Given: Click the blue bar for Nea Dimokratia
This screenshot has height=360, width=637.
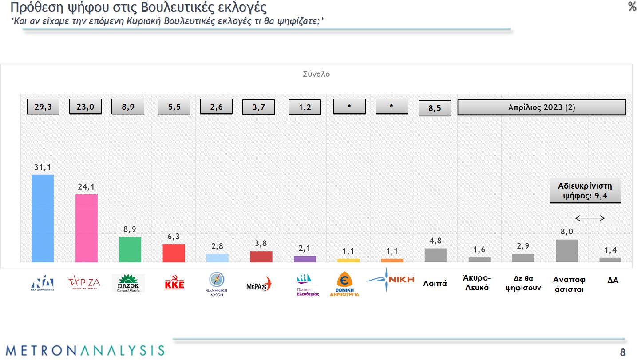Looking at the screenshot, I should pyautogui.click(x=43, y=218).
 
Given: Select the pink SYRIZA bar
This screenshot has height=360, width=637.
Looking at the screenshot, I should pyautogui.click(x=87, y=228).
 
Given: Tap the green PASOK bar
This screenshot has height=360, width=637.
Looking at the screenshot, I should pyautogui.click(x=130, y=249).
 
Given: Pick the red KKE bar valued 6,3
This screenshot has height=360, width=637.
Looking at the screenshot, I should pyautogui.click(x=174, y=253).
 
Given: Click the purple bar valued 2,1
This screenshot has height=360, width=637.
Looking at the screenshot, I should pyautogui.click(x=305, y=259).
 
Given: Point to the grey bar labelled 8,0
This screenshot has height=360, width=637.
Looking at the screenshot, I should pyautogui.click(x=567, y=251).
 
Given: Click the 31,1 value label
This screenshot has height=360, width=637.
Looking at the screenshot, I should pyautogui.click(x=43, y=167).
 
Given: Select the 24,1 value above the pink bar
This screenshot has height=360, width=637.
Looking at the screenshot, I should pyautogui.click(x=87, y=187).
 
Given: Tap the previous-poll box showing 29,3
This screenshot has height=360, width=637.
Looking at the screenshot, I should pyautogui.click(x=43, y=107).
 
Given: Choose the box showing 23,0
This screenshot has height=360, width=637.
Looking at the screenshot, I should pyautogui.click(x=85, y=107).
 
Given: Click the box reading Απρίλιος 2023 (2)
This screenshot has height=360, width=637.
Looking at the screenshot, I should pyautogui.click(x=542, y=107).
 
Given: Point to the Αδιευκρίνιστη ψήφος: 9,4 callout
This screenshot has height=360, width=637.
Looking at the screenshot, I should pyautogui.click(x=585, y=191).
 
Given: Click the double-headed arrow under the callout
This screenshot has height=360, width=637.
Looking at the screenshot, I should pyautogui.click(x=590, y=218).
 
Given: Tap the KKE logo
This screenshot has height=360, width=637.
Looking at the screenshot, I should pyautogui.click(x=174, y=283).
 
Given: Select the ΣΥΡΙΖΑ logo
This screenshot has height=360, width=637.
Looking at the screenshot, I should pyautogui.click(x=84, y=282).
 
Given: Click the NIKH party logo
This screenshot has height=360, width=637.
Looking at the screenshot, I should pyautogui.click(x=391, y=280).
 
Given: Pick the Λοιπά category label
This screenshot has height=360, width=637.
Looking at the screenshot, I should pyautogui.click(x=435, y=283).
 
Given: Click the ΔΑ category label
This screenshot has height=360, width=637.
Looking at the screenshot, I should pyautogui.click(x=613, y=280).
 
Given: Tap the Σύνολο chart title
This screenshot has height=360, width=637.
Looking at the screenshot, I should pyautogui.click(x=316, y=74).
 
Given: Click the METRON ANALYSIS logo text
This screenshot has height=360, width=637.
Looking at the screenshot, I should pyautogui.click(x=85, y=350).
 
